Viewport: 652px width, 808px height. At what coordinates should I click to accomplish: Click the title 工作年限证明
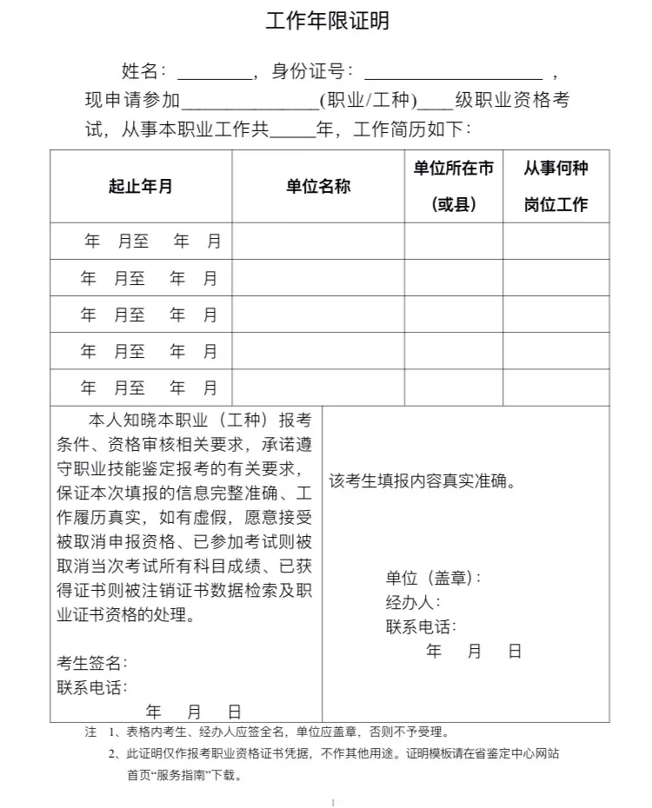pyautogui.click(x=327, y=22)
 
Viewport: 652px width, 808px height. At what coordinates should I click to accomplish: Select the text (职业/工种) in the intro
pyautogui.click(x=369, y=101)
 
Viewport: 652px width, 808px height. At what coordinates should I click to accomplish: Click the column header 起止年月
pyautogui.click(x=141, y=186)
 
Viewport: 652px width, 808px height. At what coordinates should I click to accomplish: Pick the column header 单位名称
pyautogui.click(x=318, y=186)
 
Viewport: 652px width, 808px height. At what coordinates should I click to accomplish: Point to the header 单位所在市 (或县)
pyautogui.click(x=454, y=186)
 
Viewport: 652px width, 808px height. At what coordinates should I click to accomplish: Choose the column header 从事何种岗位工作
pyautogui.click(x=556, y=186)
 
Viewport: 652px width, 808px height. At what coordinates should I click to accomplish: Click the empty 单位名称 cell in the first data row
pyautogui.click(x=318, y=242)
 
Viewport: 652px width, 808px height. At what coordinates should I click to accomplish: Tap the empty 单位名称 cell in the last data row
pyautogui.click(x=318, y=387)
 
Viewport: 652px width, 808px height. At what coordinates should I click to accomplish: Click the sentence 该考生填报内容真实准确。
pyautogui.click(x=422, y=481)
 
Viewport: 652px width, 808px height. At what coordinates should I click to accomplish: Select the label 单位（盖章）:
pyautogui.click(x=433, y=578)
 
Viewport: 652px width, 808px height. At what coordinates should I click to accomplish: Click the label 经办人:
pyautogui.click(x=413, y=602)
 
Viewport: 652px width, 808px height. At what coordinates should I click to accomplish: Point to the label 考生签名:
pyautogui.click(x=92, y=663)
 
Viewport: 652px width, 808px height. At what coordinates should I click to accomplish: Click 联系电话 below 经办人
pyautogui.click(x=421, y=626)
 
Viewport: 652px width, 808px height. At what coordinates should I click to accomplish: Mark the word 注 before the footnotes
pyautogui.click(x=90, y=732)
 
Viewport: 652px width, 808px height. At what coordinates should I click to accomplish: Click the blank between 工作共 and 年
pyautogui.click(x=292, y=131)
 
